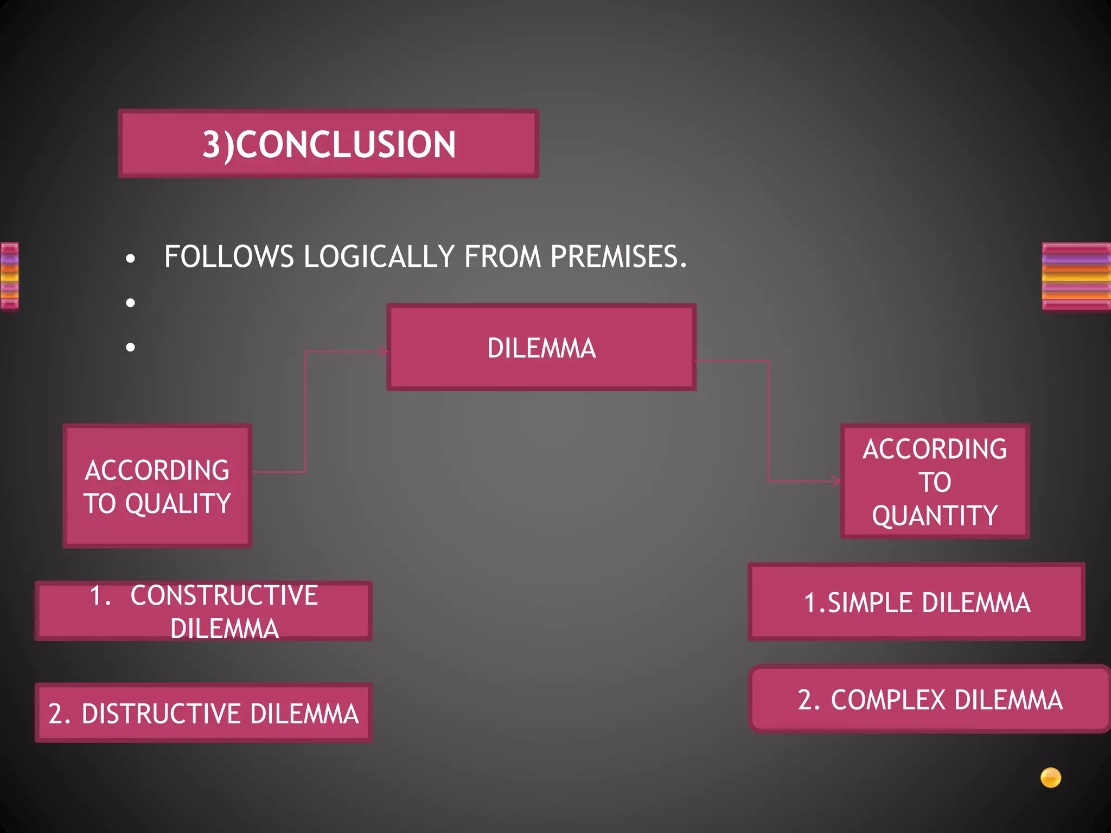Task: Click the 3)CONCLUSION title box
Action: click(328, 144)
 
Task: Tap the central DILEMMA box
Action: click(541, 347)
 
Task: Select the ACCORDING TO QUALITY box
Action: click(157, 486)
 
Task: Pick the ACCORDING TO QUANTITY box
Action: click(935, 482)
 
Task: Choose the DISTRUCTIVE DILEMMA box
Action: click(203, 713)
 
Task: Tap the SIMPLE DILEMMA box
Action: click(916, 602)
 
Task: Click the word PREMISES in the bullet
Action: click(618, 257)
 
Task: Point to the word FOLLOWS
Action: click(228, 257)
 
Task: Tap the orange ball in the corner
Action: click(1050, 777)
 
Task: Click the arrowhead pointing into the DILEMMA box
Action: click(384, 351)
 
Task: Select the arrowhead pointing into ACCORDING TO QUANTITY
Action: click(836, 481)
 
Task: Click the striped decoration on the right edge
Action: click(1076, 276)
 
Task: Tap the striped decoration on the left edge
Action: click(9, 276)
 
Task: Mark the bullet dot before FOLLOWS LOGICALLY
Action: click(130, 259)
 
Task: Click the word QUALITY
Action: click(178, 503)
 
